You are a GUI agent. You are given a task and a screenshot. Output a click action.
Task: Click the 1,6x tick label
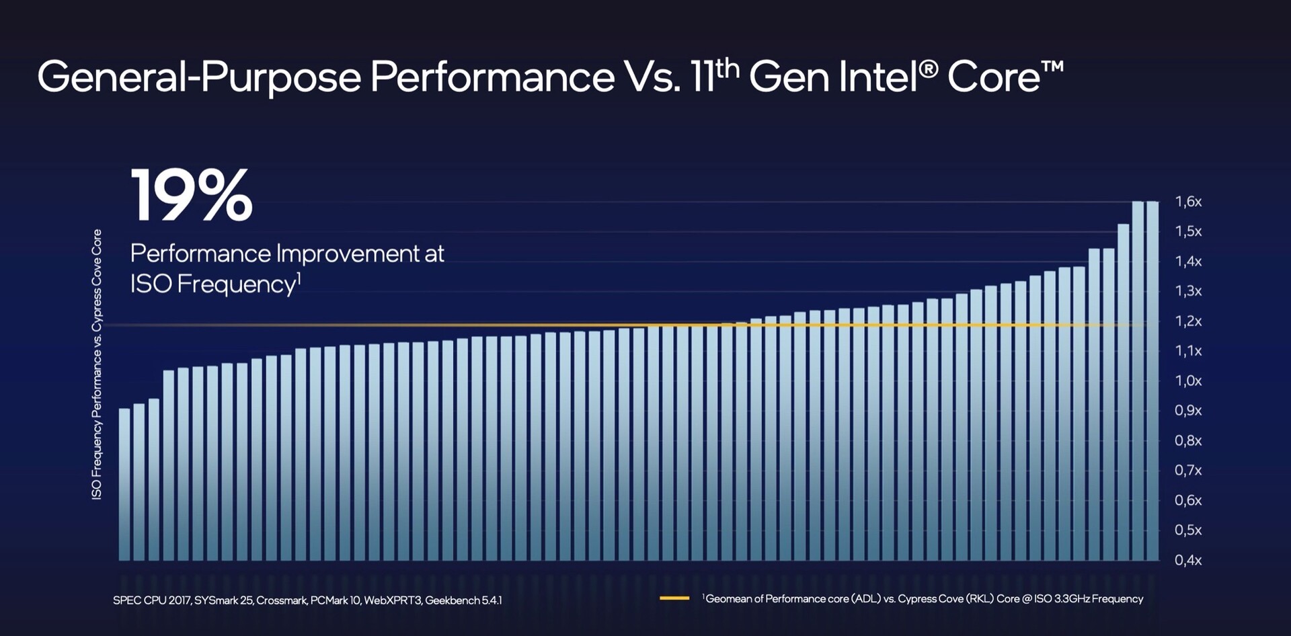(1188, 202)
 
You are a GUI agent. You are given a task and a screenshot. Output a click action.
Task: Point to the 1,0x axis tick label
(1188, 381)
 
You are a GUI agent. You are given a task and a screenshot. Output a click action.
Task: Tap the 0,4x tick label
(1188, 560)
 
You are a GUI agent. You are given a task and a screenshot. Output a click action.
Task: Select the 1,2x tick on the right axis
(1188, 321)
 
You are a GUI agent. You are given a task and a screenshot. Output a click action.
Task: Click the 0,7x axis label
(1188, 471)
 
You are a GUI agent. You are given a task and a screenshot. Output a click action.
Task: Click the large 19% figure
(192, 196)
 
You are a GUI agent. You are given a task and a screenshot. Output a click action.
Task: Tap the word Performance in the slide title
(492, 77)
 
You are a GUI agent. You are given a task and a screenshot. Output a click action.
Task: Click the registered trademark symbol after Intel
(929, 69)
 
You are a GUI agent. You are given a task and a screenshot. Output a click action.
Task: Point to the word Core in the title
(994, 77)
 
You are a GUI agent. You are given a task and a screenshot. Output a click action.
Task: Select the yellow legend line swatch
(674, 598)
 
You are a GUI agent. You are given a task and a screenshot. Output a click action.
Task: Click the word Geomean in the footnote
(728, 599)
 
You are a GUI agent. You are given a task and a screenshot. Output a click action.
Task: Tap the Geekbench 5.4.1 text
(463, 600)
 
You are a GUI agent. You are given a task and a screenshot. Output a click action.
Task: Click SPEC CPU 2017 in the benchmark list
(152, 600)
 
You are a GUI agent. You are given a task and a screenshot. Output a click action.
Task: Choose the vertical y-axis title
(97, 364)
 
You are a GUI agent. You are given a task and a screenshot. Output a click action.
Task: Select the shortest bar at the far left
(124, 484)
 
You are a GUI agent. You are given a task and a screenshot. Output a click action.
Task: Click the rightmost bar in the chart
(1152, 381)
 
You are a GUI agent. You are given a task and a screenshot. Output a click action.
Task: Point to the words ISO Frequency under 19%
(213, 284)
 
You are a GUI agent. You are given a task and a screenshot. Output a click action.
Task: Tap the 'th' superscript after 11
(728, 68)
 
